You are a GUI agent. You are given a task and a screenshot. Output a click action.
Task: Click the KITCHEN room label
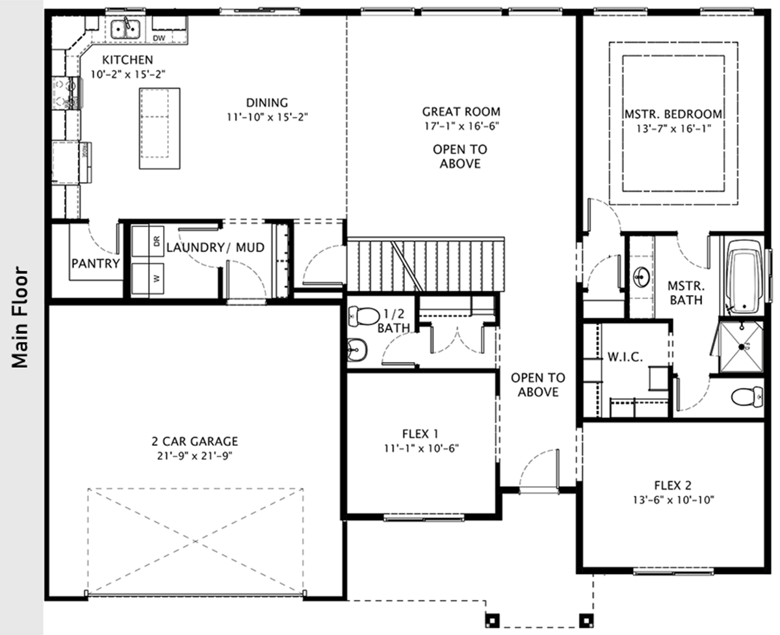tap(127, 60)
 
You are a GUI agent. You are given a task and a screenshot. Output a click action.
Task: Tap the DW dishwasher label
tap(159, 38)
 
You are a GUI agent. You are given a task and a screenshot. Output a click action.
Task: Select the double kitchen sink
tap(125, 29)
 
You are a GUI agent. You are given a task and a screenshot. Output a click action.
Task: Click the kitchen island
tap(159, 129)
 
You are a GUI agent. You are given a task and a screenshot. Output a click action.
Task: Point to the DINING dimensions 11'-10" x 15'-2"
tap(267, 117)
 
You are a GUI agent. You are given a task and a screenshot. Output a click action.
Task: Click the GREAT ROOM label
tap(461, 112)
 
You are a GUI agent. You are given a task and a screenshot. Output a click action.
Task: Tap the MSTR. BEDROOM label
tap(673, 114)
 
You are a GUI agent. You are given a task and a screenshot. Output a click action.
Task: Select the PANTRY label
tap(96, 263)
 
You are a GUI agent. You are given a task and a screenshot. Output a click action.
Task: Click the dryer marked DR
tap(148, 241)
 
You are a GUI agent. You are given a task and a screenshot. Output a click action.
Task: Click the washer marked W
tap(148, 278)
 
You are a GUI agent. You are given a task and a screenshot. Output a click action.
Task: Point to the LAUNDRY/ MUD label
tap(215, 248)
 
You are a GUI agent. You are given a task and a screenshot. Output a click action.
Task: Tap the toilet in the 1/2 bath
tap(364, 317)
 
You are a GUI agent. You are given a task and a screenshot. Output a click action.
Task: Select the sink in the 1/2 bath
tap(357, 350)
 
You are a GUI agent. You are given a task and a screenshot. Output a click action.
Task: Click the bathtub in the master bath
tap(744, 276)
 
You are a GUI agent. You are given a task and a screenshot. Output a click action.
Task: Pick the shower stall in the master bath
tap(742, 346)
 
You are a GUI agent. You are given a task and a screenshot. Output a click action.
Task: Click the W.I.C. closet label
tap(625, 357)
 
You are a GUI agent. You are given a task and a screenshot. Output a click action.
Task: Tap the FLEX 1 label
tap(420, 434)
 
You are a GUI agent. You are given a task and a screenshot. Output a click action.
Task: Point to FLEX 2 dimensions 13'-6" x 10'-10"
tap(673, 500)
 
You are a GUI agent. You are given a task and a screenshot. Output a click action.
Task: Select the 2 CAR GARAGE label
tap(195, 441)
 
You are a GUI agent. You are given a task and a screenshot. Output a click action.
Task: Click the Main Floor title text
tap(19, 318)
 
